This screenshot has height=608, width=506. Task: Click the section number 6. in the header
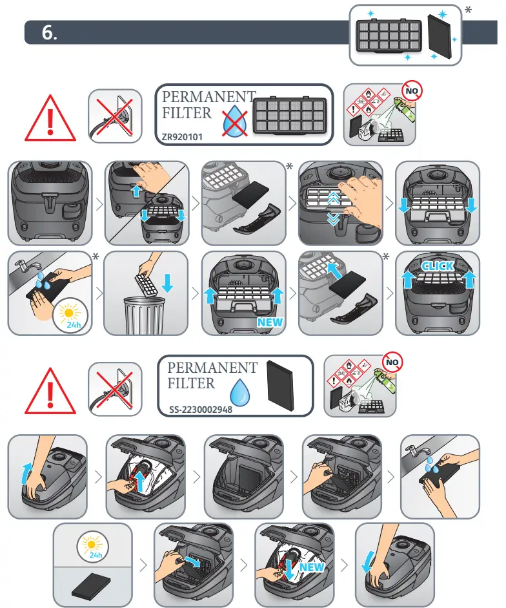[x=50, y=34]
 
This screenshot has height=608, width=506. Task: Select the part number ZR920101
[x=187, y=137]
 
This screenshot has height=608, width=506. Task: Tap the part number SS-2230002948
[x=196, y=408]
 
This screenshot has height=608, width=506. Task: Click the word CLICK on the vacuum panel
[x=437, y=266]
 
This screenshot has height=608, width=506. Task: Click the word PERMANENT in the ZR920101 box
[x=208, y=97]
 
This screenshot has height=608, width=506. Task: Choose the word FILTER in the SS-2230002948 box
[x=191, y=383]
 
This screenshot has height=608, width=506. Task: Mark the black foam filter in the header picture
[x=440, y=34]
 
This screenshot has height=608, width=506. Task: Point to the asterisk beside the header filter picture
[x=468, y=11]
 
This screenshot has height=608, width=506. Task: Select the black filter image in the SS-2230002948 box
[x=283, y=386]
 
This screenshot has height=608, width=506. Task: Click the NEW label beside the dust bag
[x=312, y=567]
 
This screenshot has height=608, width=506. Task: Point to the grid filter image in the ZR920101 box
[x=288, y=116]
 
